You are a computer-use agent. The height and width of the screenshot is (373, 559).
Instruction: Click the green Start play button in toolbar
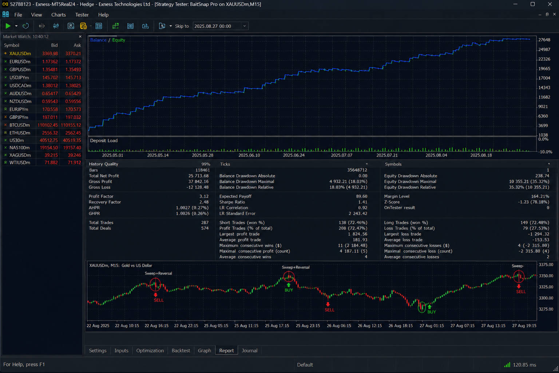(8, 26)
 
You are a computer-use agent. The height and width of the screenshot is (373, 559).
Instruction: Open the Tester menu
(82, 15)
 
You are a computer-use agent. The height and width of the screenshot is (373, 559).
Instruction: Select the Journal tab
(249, 350)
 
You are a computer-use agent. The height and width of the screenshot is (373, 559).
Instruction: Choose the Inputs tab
(121, 350)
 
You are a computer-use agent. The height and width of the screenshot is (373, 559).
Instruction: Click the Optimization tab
(150, 350)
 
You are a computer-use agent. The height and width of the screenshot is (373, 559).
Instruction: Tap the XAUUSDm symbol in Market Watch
(20, 54)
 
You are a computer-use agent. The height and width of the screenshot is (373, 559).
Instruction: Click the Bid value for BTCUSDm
(47, 125)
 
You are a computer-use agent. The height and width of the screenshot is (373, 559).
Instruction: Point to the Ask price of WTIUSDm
(74, 162)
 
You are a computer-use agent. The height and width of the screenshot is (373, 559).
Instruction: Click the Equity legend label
(119, 40)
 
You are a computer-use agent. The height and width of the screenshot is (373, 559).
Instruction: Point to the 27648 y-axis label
(544, 40)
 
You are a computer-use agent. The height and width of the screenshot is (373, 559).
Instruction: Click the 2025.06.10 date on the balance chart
(249, 155)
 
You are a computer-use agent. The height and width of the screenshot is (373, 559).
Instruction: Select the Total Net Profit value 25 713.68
(198, 176)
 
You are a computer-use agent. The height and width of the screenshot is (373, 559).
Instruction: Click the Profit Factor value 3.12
(204, 196)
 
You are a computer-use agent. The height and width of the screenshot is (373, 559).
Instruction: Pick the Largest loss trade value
(539, 234)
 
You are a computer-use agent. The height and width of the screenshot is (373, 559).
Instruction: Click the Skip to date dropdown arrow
(245, 26)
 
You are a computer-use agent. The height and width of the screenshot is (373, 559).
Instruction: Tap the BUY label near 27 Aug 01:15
(432, 312)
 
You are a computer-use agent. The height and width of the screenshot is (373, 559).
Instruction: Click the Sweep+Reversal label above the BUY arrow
(296, 267)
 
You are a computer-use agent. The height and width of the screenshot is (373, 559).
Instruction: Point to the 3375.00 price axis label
(546, 264)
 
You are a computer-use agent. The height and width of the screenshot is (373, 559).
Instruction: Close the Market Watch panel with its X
(80, 36)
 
